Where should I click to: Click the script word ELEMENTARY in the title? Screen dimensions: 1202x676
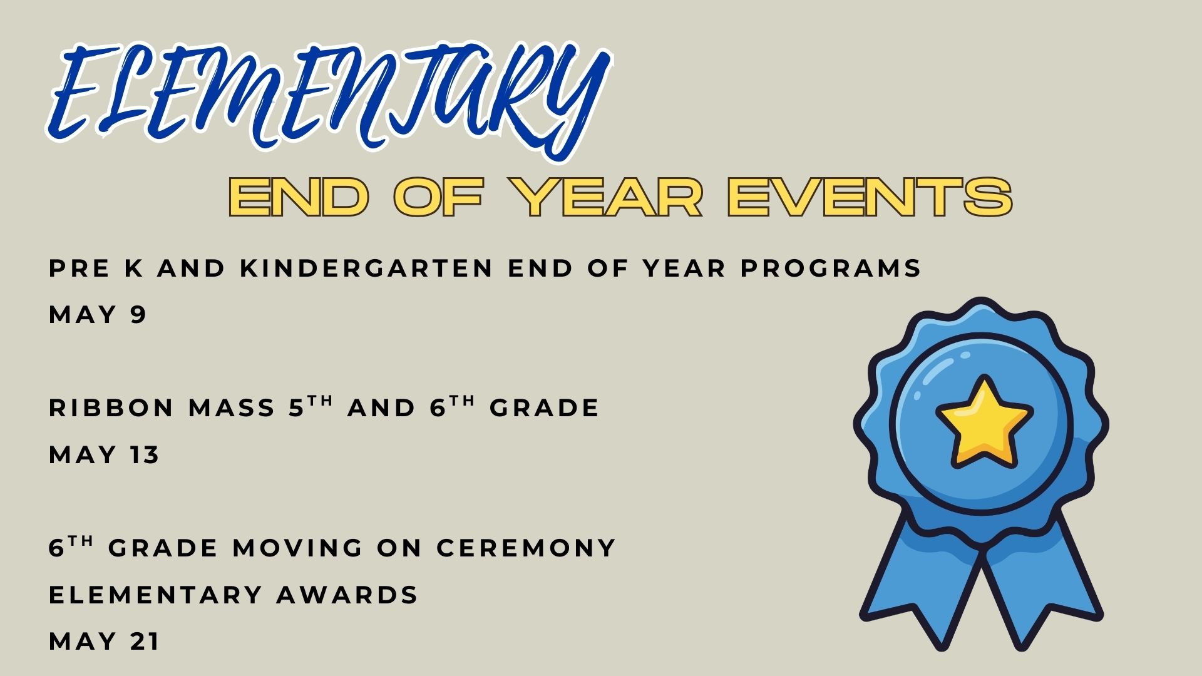pos(329,100)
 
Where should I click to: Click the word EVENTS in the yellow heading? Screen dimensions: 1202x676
pos(870,197)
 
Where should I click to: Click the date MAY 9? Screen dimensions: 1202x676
pos(97,314)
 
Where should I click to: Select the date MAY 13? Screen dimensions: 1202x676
pos(104,454)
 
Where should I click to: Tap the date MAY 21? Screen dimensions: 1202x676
pos(104,641)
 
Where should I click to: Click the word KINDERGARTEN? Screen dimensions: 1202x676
pos(367,268)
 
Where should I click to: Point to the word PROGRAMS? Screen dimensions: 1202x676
pos(831,268)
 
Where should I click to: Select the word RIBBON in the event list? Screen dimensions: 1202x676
pos(111,408)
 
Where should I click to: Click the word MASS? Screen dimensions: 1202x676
pos(232,408)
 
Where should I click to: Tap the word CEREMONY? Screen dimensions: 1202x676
pos(527,548)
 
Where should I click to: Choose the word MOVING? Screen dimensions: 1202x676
pos(298,548)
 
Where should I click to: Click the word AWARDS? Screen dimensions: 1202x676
pos(347,595)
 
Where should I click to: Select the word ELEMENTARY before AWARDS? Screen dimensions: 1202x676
pos(155,595)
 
